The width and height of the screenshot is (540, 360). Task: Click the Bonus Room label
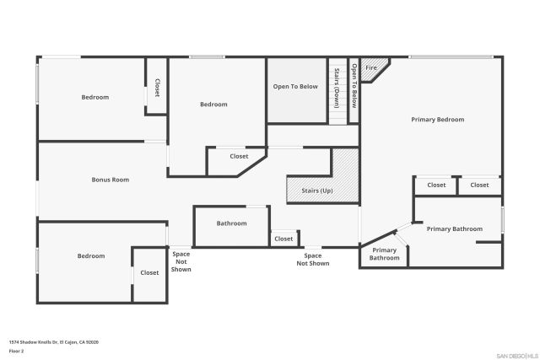coord(110,180)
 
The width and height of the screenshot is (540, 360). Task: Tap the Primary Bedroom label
coord(437,120)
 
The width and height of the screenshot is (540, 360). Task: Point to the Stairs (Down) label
coord(337,88)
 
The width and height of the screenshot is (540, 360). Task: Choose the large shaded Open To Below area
coord(295,87)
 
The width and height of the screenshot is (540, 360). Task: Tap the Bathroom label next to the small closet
coord(231,223)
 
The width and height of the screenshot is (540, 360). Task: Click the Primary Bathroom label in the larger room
coord(454,229)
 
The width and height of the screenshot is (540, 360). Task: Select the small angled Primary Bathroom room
coord(385,254)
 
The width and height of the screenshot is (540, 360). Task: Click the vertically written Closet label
coord(157,88)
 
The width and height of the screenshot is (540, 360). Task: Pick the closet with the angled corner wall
coord(239,157)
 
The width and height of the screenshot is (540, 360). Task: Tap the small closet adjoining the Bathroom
coord(283,239)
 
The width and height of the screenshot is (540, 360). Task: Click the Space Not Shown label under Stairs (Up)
coord(312,260)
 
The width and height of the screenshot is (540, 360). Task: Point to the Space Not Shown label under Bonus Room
coord(181,261)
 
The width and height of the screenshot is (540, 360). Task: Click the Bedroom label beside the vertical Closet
coord(94,97)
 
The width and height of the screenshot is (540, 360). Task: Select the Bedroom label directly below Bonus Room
coord(91,256)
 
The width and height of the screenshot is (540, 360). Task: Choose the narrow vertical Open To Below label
coord(354,87)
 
